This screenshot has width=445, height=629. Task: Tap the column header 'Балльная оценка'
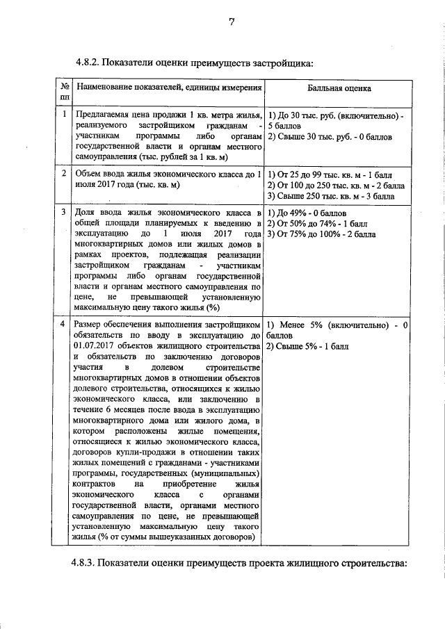click(339, 89)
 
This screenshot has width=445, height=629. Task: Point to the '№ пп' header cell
click(64, 92)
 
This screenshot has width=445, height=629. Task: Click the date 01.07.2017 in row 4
click(93, 346)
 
